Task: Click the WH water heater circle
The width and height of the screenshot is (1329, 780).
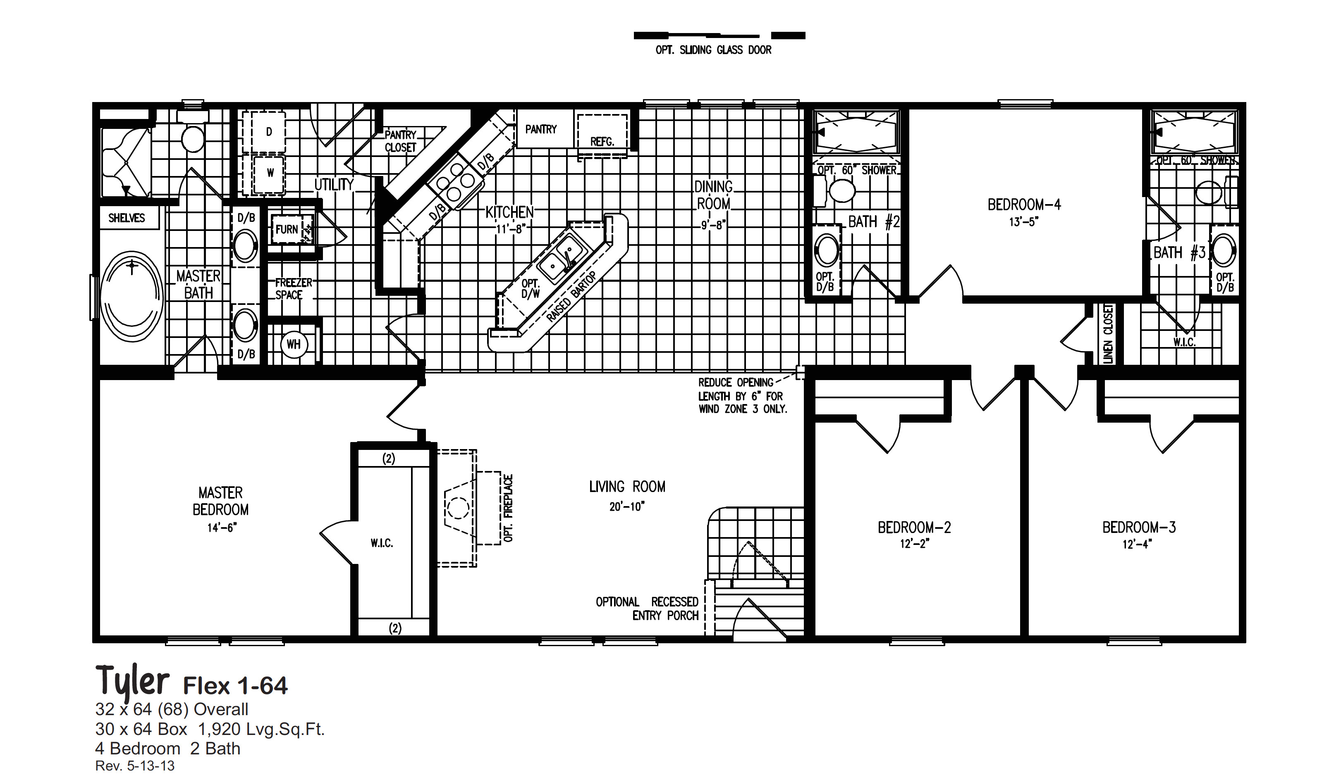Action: [x=293, y=345]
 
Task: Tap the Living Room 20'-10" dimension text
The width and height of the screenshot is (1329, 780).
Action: [x=627, y=507]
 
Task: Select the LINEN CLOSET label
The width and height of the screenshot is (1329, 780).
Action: [x=1108, y=334]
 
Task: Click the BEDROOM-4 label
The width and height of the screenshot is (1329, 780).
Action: [x=1024, y=205]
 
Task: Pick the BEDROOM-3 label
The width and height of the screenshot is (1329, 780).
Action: [x=1139, y=528]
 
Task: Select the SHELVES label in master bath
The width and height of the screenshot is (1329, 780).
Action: [x=127, y=218]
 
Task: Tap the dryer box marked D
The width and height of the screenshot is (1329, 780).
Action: [x=269, y=132]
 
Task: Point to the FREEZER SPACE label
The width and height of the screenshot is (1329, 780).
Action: [x=293, y=289]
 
